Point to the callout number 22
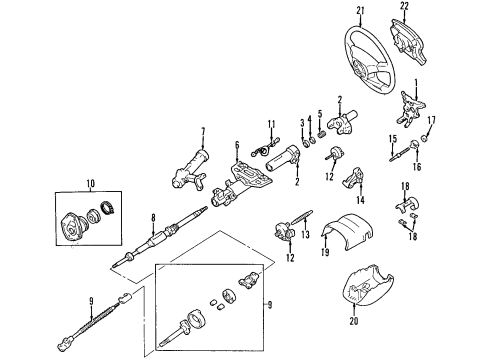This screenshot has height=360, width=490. (433, 9)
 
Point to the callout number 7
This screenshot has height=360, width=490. (203, 131)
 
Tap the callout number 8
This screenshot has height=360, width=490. (152, 217)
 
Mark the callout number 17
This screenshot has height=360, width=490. (432, 121)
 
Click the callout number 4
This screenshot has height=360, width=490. (318, 122)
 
